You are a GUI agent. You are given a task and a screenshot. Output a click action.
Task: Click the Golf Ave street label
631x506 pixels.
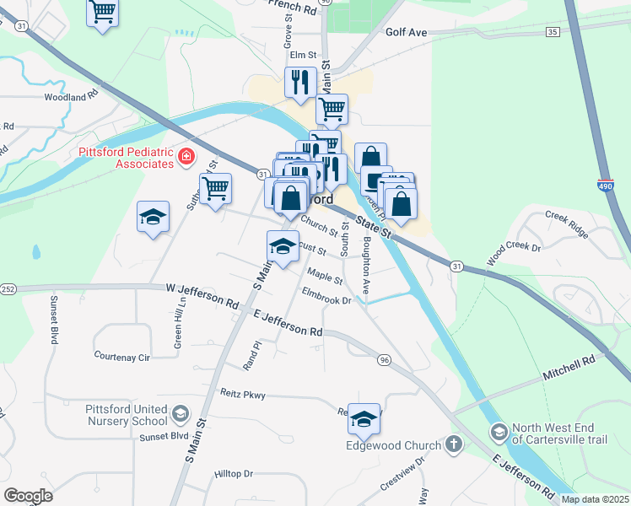(407, 32)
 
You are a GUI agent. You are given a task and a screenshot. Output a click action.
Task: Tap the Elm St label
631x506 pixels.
(302, 56)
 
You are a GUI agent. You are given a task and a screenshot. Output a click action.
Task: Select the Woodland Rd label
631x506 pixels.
(66, 97)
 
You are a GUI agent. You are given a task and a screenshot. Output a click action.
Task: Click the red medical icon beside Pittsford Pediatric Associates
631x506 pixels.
(185, 157)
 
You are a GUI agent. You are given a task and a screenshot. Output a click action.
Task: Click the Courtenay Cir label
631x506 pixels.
(121, 357)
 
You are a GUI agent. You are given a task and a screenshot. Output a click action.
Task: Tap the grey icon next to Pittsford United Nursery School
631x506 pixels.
(180, 413)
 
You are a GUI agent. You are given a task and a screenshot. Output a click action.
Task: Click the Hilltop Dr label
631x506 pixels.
(234, 474)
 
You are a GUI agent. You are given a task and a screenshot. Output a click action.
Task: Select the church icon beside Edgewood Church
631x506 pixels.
(454, 444)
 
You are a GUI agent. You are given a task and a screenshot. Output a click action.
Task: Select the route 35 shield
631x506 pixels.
(553, 31)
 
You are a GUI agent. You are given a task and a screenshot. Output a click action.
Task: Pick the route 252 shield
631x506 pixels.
(8, 289)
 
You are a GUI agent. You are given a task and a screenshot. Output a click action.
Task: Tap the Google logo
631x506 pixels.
(28, 496)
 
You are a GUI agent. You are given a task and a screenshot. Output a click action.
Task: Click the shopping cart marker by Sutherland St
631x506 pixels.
(215, 188)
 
